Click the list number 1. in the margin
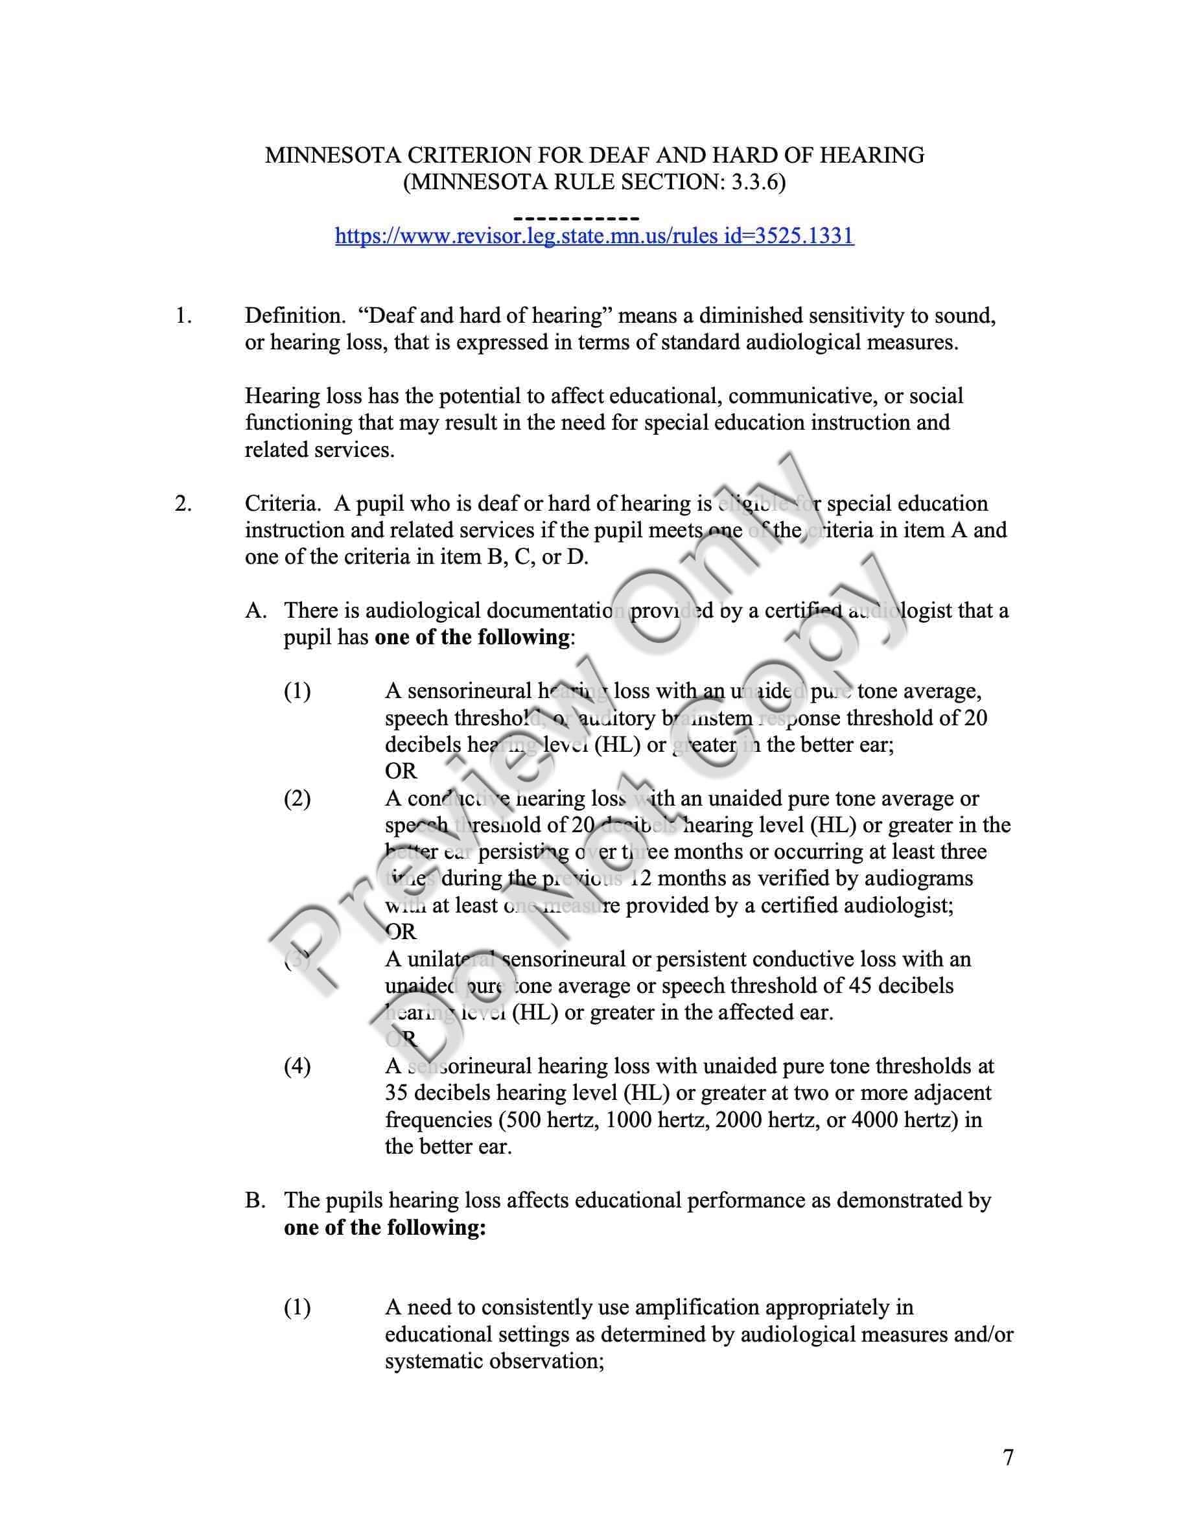183,315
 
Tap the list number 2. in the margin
183,503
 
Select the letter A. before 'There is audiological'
256,610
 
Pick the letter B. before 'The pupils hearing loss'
255,1200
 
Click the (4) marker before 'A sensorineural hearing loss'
297,1066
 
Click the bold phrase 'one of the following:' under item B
385,1227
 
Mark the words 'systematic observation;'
494,1361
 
